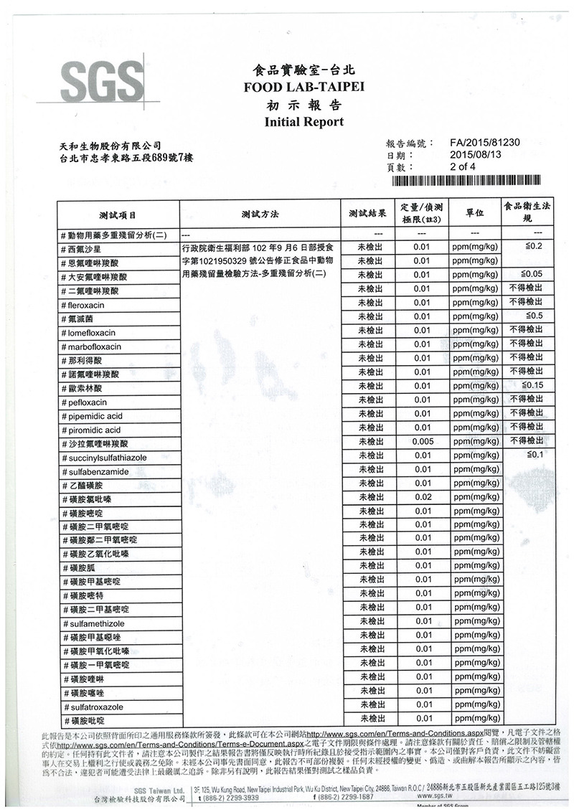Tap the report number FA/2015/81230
tap(484, 142)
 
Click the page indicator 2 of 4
tap(463, 166)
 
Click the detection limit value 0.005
tap(423, 441)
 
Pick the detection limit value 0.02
tap(423, 497)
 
